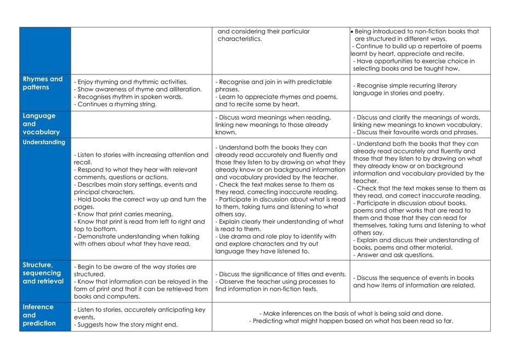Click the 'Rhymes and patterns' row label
[x=43, y=83]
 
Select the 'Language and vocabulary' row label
[x=39, y=124]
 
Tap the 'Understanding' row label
[x=44, y=142]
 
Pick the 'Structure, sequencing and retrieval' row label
[x=43, y=273]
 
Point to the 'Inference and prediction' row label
[x=39, y=315]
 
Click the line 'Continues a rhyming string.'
[x=115, y=104]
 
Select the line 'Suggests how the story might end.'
[x=126, y=324]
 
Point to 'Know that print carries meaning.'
[x=123, y=214]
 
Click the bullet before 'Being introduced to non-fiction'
[x=352, y=32]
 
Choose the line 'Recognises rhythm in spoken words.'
[x=128, y=96]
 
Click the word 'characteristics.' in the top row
[x=240, y=39]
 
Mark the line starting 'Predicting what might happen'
[x=351, y=321]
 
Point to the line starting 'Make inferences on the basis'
[x=351, y=313]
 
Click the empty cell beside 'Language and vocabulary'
[x=141, y=124]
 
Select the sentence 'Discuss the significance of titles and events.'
[x=281, y=274]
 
